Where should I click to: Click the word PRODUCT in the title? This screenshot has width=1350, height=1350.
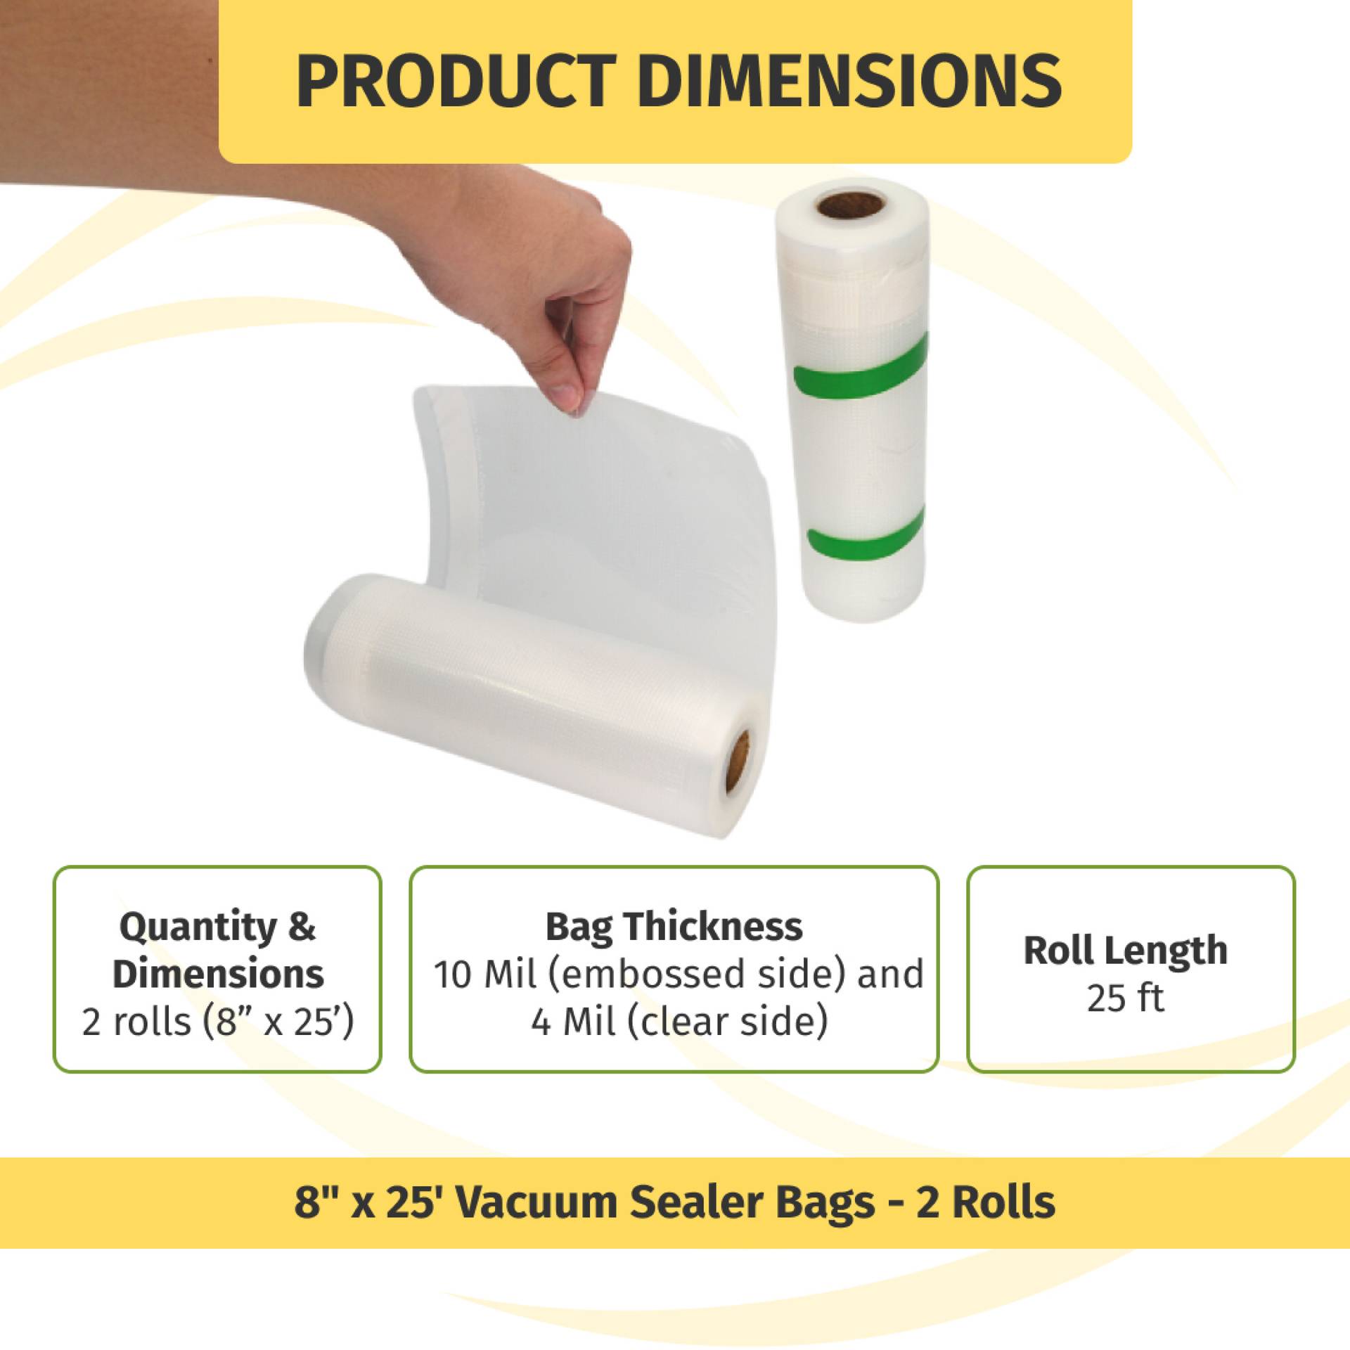456,81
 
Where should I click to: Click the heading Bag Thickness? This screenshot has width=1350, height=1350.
674,927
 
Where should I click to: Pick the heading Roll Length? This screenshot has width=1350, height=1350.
1125,951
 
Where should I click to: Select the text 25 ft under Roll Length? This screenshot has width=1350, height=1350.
1125,998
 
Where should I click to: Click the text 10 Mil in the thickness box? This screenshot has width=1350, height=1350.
485,975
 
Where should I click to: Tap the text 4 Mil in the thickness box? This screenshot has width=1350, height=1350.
572,1022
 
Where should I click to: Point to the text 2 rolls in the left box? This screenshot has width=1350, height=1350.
136,1022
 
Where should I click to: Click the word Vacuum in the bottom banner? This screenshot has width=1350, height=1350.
537,1202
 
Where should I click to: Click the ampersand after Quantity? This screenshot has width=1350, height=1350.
302,926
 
